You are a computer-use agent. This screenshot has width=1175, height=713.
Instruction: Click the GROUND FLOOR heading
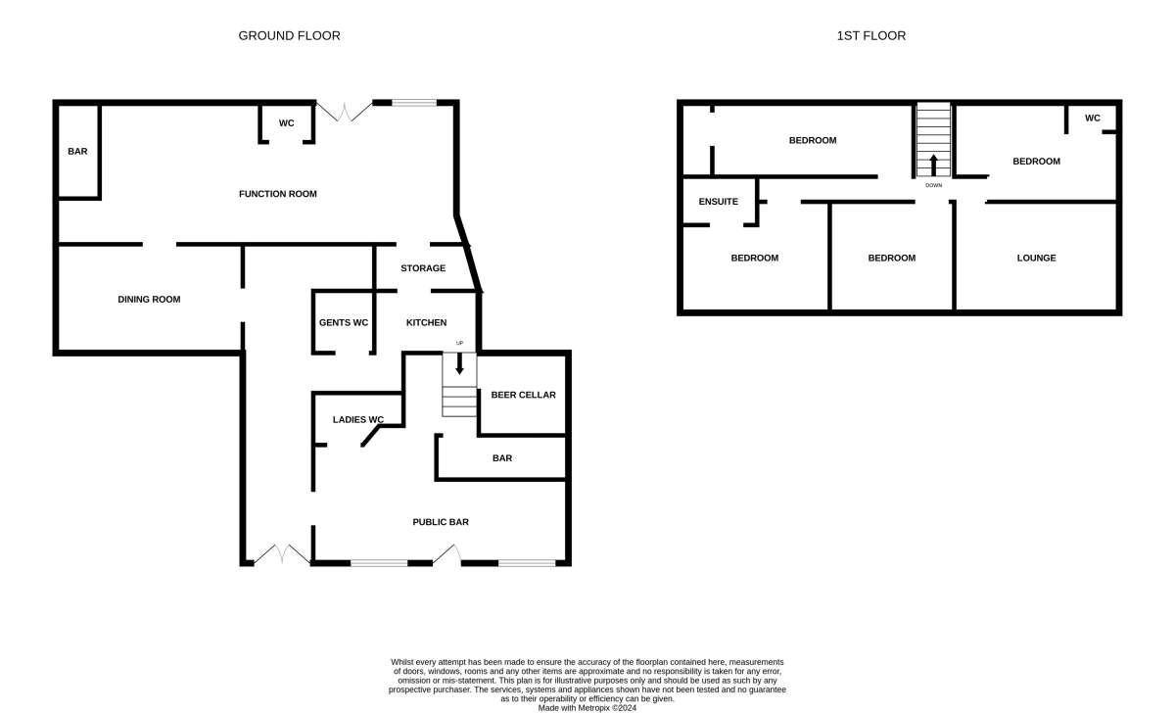[289, 35]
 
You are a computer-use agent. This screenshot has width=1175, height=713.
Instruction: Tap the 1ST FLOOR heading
[870, 35]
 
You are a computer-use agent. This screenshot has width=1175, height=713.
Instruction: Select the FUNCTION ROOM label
[277, 194]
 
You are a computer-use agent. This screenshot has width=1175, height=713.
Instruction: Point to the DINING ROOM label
[149, 300]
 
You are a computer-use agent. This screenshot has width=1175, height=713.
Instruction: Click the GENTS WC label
[344, 322]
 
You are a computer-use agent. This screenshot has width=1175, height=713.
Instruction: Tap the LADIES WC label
[358, 420]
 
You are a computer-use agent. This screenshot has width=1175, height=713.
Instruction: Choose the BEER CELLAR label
[523, 395]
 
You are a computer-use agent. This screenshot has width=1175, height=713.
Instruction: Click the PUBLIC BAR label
[441, 522]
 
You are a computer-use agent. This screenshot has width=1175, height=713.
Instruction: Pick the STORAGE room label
[423, 268]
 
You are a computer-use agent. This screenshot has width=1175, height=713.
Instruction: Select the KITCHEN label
[427, 322]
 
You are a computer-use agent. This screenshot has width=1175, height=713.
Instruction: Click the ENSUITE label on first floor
[718, 202]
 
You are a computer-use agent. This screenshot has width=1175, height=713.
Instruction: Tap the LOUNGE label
[1036, 259]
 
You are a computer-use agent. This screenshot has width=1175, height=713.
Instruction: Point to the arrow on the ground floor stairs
[459, 363]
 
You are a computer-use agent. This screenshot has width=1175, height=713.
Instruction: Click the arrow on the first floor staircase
[934, 165]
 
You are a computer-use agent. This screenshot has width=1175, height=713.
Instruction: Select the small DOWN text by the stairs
[934, 186]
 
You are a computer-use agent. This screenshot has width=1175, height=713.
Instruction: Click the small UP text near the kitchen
[459, 343]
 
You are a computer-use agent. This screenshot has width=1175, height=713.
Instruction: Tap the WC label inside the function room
[286, 123]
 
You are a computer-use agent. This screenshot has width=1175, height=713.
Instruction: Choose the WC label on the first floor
[1093, 119]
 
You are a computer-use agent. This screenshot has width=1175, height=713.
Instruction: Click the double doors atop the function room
[344, 113]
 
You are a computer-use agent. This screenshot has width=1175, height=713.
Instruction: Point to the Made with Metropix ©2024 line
[587, 708]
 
